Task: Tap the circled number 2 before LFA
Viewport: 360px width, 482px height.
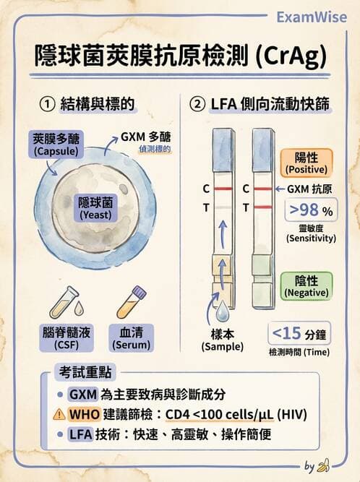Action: tap(197, 104)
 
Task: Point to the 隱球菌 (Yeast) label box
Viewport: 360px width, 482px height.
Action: tap(95, 207)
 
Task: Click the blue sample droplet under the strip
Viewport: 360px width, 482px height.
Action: tap(220, 311)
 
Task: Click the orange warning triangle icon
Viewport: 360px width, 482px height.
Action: tap(59, 414)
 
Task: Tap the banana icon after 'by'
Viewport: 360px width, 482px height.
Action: tap(325, 465)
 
